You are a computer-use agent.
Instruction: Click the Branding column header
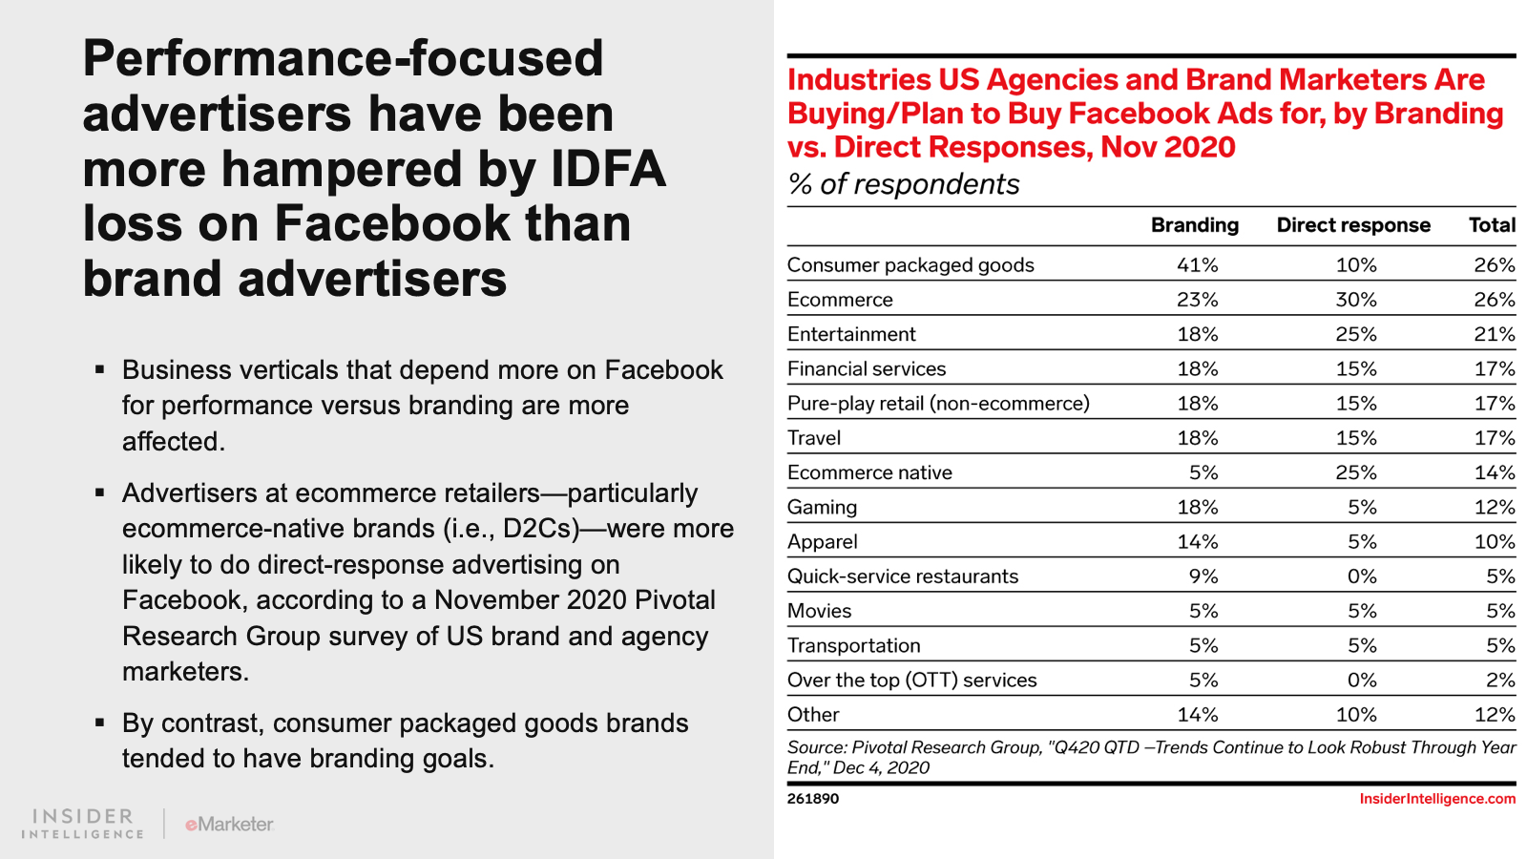coord(1194,225)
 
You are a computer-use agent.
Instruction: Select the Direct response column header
coord(1353,225)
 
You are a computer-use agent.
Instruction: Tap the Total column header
coord(1492,225)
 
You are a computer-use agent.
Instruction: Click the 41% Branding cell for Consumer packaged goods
coord(1197,265)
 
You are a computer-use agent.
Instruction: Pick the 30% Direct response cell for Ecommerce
coord(1355,300)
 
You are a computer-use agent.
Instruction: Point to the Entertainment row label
coord(851,334)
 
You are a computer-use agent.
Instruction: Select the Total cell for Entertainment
coord(1494,334)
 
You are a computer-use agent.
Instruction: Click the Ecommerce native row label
coord(869,472)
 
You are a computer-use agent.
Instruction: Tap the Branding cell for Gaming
coord(1197,507)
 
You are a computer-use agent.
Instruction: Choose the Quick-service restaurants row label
coord(903,576)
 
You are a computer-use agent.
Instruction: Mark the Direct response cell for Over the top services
coord(1362,681)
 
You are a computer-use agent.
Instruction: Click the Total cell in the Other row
coord(1494,715)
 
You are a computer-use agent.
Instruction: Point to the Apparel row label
coord(823,542)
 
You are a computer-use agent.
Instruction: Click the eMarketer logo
coord(229,824)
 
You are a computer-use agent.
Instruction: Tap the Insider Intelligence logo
coord(83,824)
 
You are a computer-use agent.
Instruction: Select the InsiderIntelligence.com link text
coord(1437,799)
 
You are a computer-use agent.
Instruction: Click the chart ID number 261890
coord(813,799)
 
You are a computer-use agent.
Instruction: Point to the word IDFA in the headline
coord(608,169)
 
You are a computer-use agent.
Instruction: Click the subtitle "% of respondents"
coord(904,184)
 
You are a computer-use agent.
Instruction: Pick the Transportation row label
coord(854,646)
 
